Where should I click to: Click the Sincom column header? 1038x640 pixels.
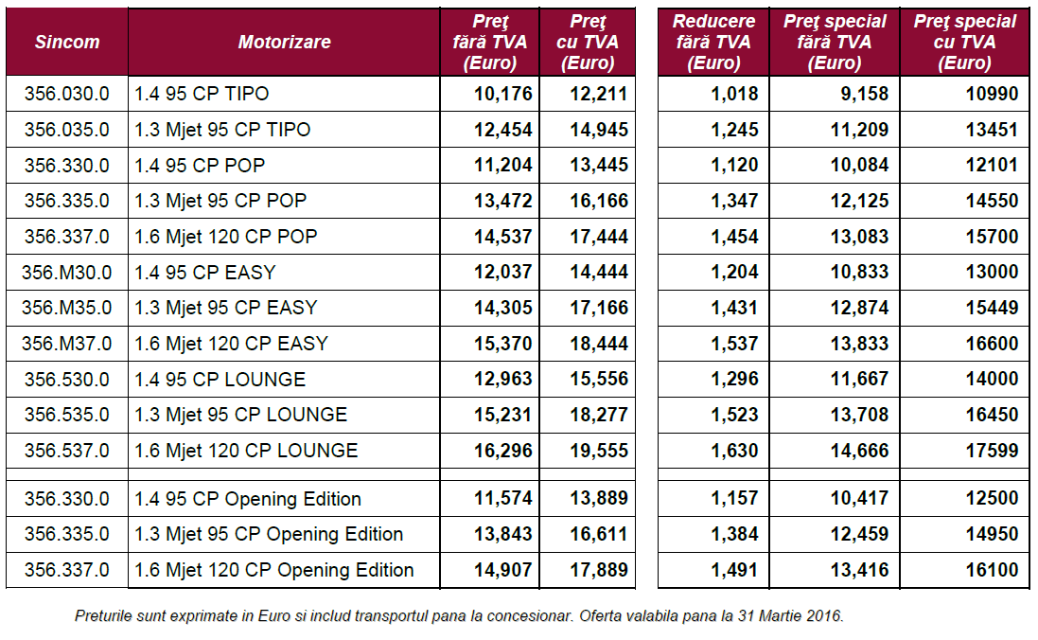point(67,43)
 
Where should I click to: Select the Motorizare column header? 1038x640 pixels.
point(284,43)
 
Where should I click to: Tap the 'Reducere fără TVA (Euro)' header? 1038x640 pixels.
point(713,43)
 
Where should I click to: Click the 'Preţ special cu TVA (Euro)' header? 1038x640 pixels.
point(964,43)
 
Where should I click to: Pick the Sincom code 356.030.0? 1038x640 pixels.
point(67,94)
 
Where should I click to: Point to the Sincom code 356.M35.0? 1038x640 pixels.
point(67,308)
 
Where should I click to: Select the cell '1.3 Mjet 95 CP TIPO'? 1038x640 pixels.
point(222,130)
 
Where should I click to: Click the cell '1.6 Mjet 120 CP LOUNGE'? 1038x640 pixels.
point(246,451)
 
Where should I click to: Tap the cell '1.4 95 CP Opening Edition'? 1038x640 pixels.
point(247,499)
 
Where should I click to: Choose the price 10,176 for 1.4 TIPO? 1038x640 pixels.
point(503,94)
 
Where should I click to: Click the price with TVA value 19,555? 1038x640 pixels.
point(599,451)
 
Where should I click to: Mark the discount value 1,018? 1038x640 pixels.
point(734,94)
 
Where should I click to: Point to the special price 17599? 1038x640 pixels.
point(992,451)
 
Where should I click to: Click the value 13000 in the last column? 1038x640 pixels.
point(992,273)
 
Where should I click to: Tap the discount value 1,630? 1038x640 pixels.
point(734,451)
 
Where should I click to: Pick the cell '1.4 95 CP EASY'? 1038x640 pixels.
point(204,273)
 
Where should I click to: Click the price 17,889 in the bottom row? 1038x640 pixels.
point(599,570)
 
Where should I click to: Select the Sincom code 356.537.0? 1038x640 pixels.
point(67,451)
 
